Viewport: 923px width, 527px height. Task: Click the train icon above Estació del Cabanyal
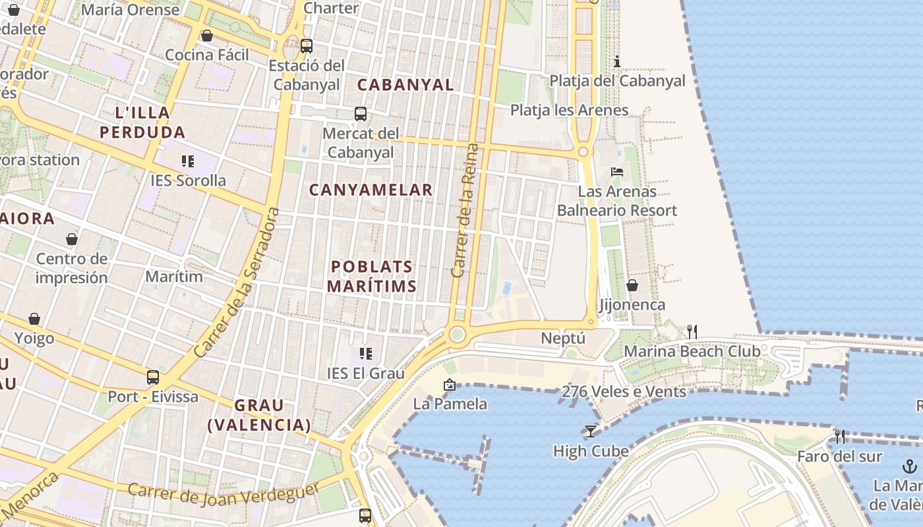click(x=306, y=46)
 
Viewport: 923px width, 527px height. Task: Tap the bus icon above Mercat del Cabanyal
click(x=360, y=114)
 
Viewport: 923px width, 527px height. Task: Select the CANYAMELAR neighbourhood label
click(x=371, y=190)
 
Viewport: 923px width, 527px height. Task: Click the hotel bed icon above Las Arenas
click(x=617, y=172)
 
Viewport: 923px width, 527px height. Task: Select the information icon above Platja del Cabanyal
click(x=617, y=62)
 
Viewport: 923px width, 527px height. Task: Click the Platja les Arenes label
click(x=570, y=110)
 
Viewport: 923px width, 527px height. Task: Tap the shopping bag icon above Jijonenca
click(x=632, y=285)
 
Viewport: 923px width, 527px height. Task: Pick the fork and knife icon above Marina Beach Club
click(x=692, y=331)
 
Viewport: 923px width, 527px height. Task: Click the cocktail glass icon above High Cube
click(x=590, y=431)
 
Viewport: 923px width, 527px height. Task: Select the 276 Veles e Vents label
click(x=624, y=391)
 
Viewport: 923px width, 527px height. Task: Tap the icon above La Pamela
click(x=450, y=385)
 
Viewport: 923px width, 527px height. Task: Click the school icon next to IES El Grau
click(x=365, y=354)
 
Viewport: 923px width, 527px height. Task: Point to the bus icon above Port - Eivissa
click(x=153, y=377)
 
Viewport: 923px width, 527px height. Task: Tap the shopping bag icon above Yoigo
click(x=34, y=319)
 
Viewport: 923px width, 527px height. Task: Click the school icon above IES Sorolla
click(x=187, y=161)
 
